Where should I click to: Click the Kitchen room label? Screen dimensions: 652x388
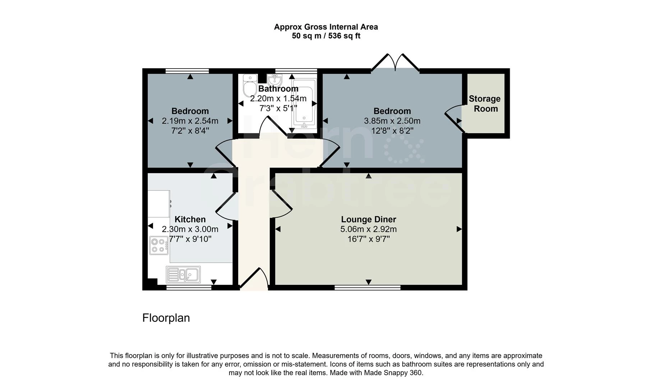coord(190,219)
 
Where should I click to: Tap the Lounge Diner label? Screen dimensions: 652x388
coord(369,219)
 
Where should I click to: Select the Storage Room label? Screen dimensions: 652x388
coord(485,103)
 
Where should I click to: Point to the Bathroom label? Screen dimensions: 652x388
coord(278,88)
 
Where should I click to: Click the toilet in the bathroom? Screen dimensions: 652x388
coord(249,86)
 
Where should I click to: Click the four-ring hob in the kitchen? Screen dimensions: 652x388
coord(159,245)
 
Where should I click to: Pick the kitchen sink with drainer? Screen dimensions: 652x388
coord(183,275)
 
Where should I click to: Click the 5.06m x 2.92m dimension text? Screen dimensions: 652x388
coord(369,229)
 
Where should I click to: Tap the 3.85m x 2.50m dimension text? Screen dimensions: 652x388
coord(392,121)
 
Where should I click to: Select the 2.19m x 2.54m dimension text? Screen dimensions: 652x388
coord(190,121)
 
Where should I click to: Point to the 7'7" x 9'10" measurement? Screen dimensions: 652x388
coord(190,239)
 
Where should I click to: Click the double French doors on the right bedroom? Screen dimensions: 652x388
coord(395,63)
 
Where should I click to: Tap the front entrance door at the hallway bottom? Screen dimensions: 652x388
coord(254,279)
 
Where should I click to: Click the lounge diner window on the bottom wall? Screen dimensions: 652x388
coord(367,287)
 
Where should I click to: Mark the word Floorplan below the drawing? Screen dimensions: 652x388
coord(166,318)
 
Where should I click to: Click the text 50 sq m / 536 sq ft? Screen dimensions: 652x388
coord(326,36)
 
